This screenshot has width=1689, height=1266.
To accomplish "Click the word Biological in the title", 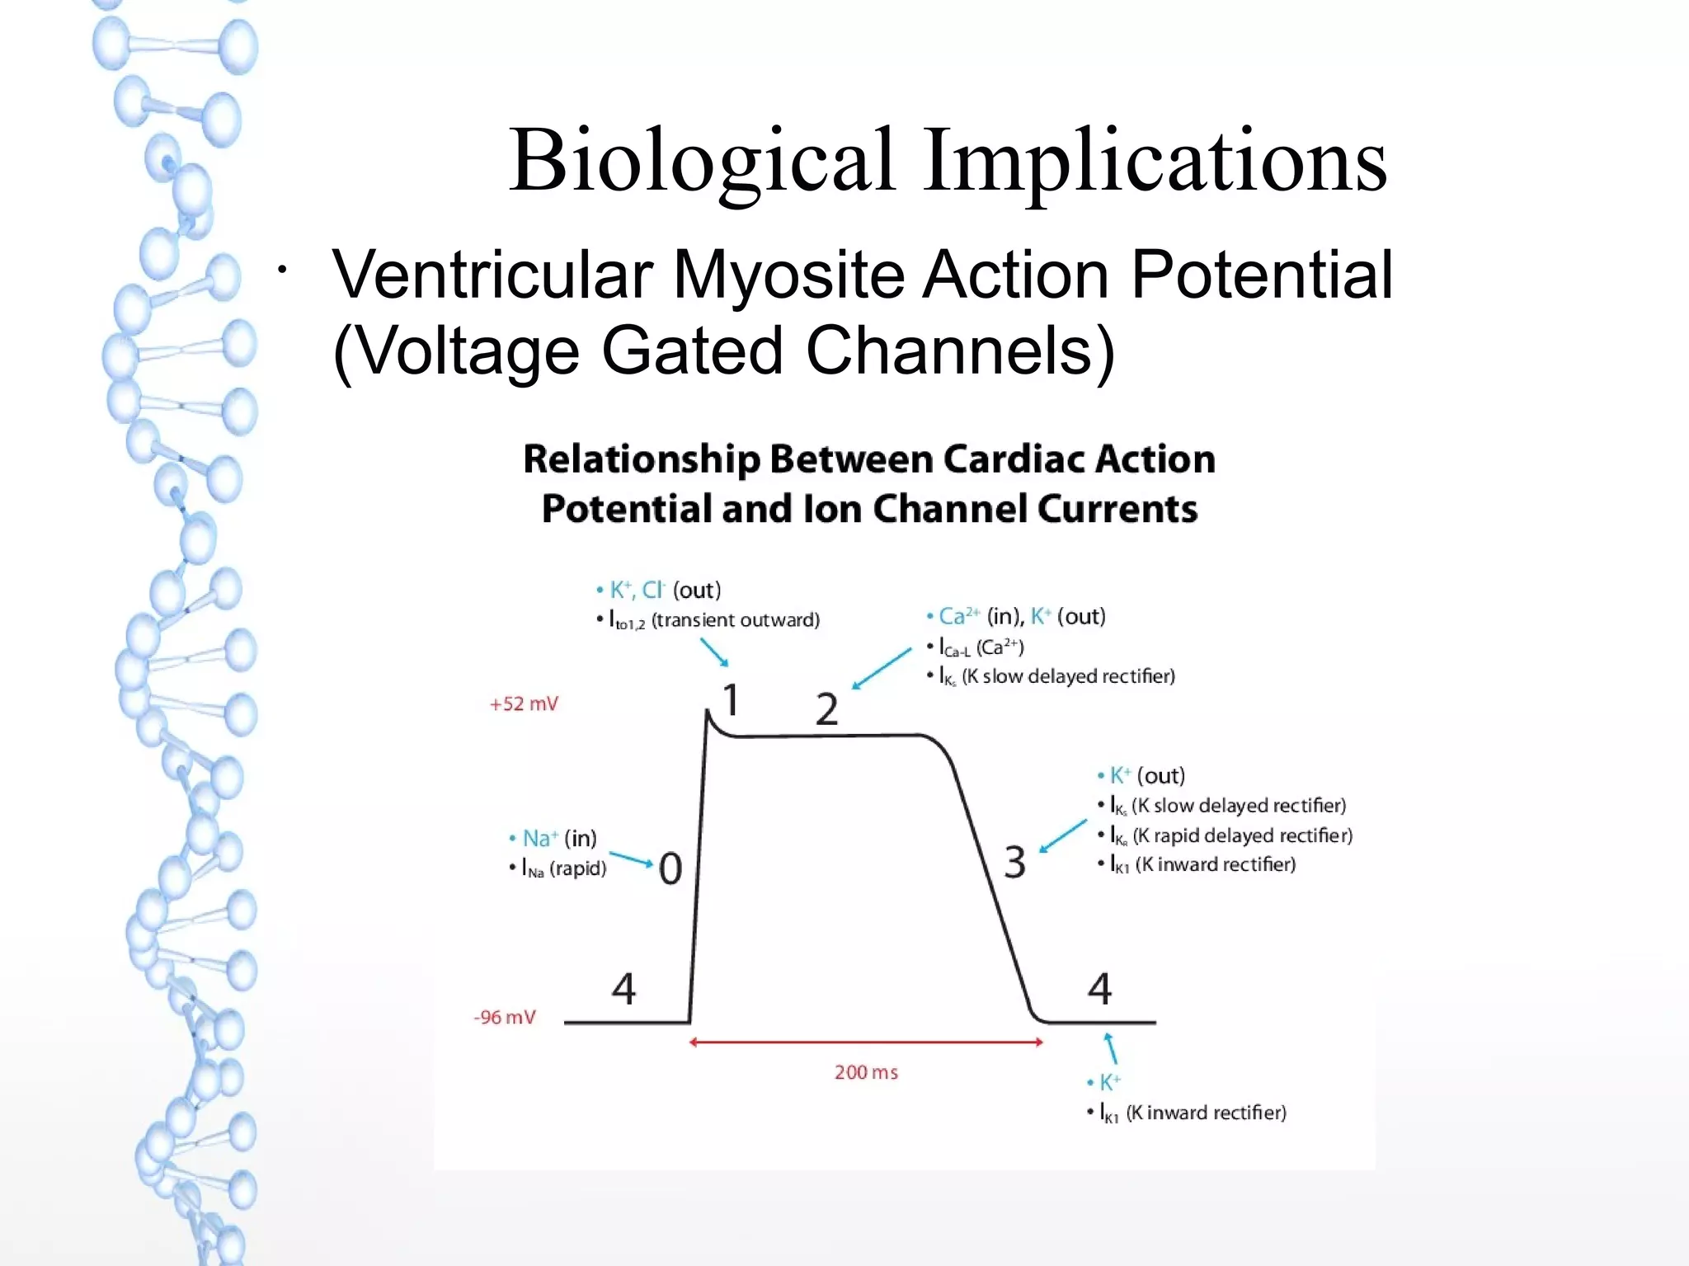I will click(x=701, y=161).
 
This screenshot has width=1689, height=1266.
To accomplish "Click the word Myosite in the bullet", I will click(x=787, y=275).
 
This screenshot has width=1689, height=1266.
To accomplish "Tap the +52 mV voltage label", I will click(x=524, y=704).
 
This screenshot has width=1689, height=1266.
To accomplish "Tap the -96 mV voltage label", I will click(x=505, y=1017).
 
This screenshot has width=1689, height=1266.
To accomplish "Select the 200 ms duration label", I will click(x=866, y=1072).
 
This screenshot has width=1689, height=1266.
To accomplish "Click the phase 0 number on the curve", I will click(x=670, y=868).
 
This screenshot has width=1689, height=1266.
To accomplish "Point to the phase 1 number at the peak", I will click(x=731, y=700).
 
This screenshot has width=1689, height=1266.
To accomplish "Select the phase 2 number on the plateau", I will click(x=826, y=709).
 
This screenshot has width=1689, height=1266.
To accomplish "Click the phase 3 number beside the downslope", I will click(x=1014, y=862).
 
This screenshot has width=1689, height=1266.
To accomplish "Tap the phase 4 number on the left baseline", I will click(x=623, y=988).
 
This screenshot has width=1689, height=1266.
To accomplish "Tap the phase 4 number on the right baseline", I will click(x=1099, y=988).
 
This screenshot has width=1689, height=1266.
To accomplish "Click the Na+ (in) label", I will click(x=558, y=838).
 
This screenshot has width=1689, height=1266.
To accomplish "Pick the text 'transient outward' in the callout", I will click(x=735, y=620).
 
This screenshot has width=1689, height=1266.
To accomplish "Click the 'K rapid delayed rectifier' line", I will click(x=1241, y=835).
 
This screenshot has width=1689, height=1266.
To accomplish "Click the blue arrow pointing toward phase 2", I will click(x=882, y=668).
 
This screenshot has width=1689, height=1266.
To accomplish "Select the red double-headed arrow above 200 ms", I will click(x=866, y=1042).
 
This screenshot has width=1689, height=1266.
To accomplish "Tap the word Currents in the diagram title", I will click(x=1117, y=509).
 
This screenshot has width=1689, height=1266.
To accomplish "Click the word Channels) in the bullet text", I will click(x=960, y=351).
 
